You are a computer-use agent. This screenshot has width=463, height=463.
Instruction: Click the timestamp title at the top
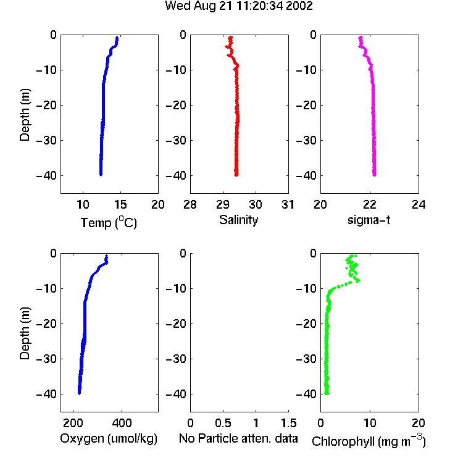(238, 6)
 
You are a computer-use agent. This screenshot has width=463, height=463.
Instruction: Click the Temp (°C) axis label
(109, 222)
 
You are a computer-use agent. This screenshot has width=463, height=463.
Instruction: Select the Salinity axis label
(238, 220)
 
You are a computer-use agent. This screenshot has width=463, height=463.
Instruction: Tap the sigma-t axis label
(369, 220)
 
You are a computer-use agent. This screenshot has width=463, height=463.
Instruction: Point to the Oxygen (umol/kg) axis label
(109, 438)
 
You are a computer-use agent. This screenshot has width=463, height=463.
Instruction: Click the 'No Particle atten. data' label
(238, 438)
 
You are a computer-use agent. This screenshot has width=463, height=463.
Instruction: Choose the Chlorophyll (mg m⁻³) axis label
(369, 440)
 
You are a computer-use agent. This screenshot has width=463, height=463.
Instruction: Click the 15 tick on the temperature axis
(120, 204)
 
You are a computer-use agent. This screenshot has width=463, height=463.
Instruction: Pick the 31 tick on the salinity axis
(288, 204)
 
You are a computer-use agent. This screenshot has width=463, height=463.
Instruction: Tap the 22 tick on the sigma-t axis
(369, 204)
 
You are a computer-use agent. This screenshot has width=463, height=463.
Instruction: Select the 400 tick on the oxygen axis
(122, 423)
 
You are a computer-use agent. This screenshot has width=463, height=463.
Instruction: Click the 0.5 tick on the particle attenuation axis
(223, 423)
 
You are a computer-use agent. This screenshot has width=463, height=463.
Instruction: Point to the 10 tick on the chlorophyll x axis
(369, 423)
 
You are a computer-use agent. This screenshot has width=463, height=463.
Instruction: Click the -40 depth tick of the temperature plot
(46, 176)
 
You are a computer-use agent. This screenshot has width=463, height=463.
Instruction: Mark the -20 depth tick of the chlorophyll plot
(306, 323)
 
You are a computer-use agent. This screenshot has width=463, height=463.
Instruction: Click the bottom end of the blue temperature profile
(101, 175)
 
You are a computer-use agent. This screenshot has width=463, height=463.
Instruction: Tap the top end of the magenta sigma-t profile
(361, 37)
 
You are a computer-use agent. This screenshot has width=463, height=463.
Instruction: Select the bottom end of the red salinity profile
(236, 175)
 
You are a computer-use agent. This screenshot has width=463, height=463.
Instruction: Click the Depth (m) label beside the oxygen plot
(25, 333)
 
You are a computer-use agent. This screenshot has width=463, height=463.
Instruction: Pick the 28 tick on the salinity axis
(190, 204)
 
